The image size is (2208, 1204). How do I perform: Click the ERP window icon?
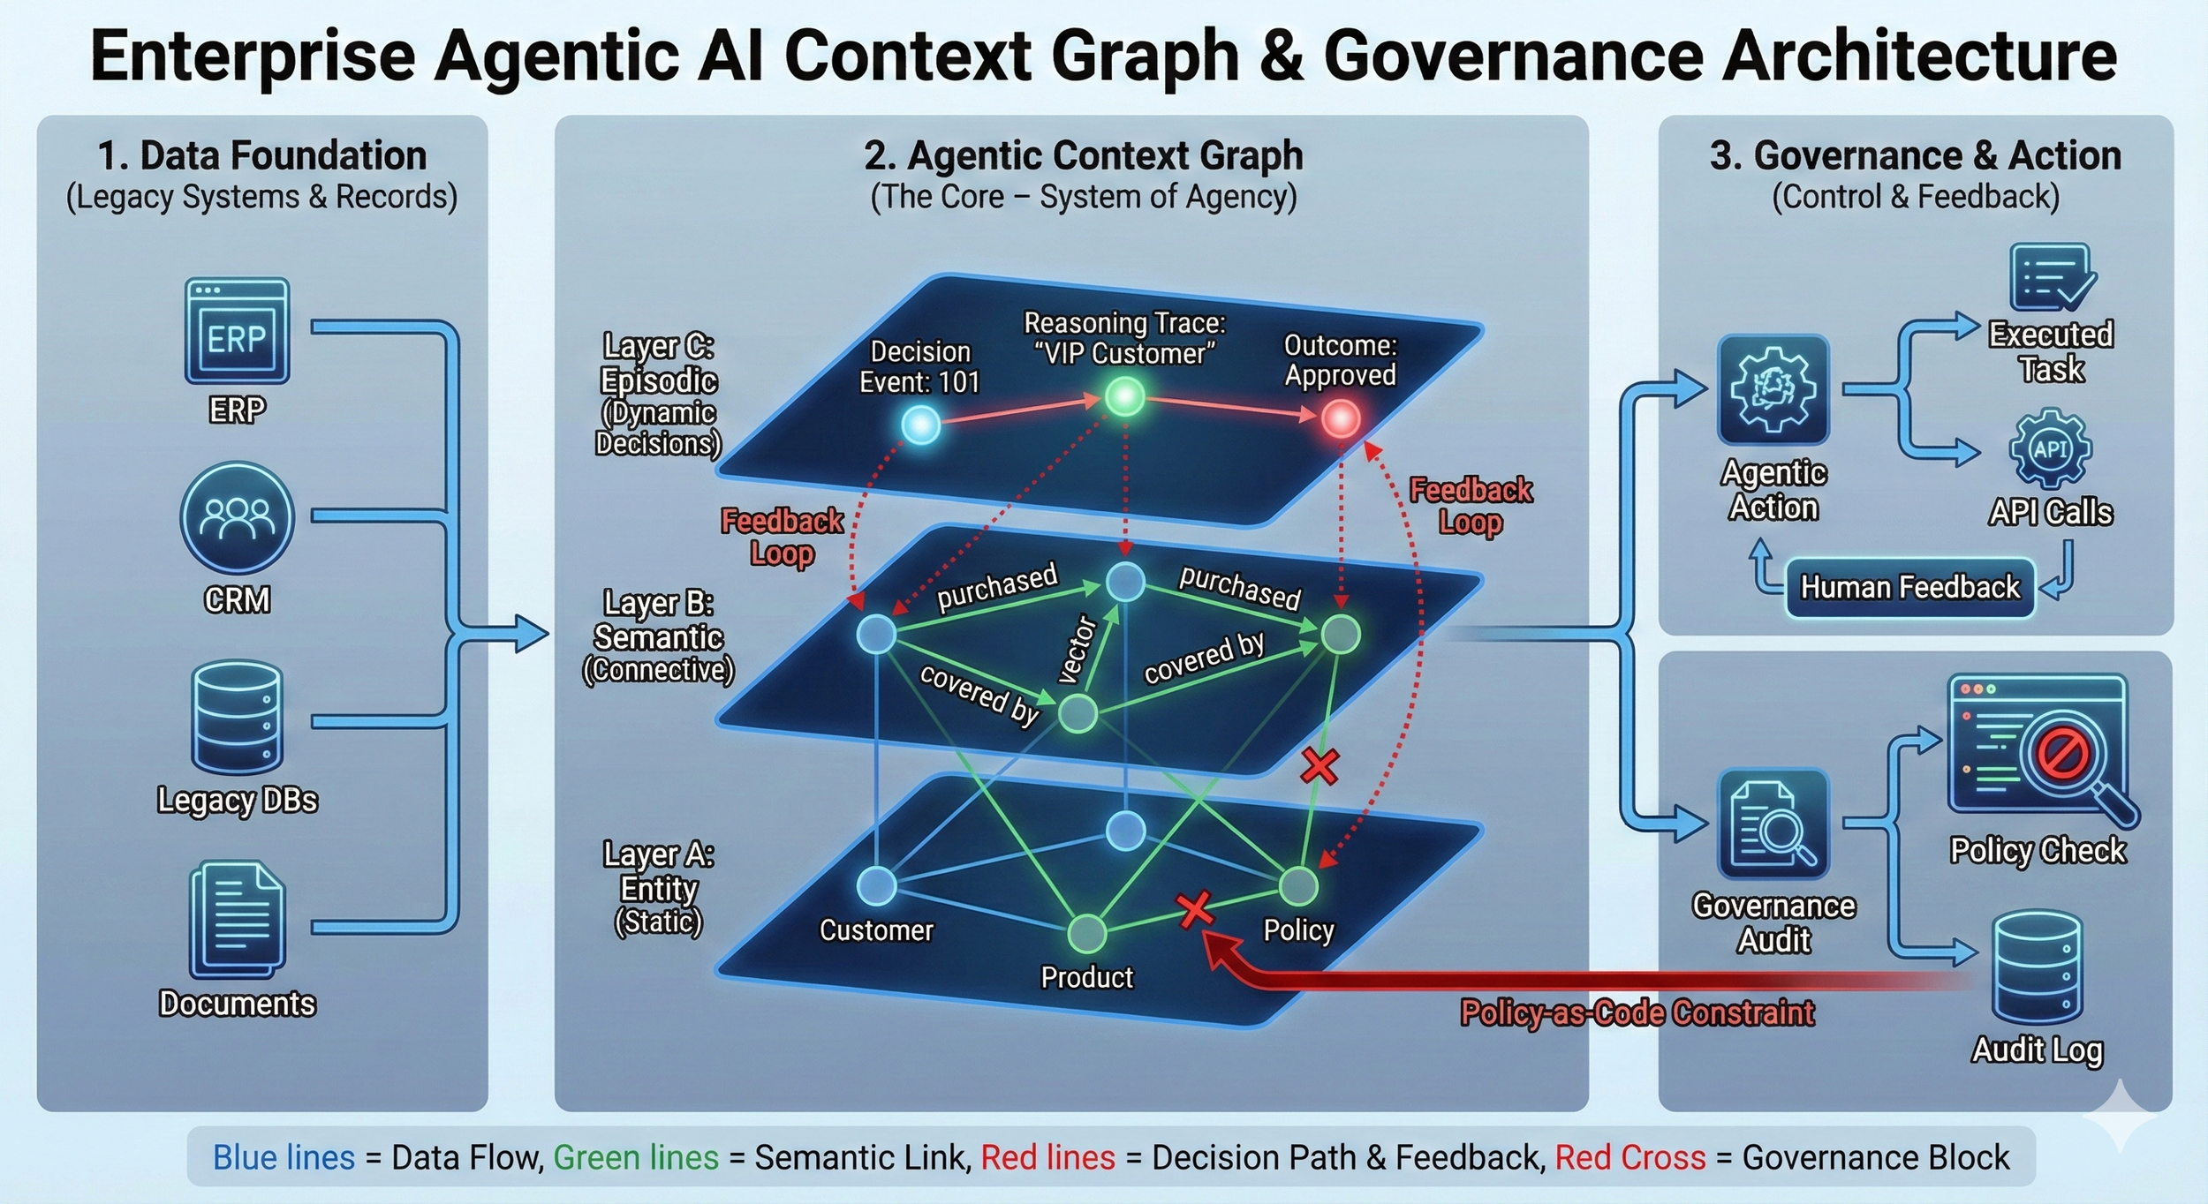pyautogui.click(x=237, y=331)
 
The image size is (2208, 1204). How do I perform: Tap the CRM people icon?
pyautogui.click(x=237, y=517)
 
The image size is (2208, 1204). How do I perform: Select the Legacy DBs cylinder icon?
pyautogui.click(x=237, y=718)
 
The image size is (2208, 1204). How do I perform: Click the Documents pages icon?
pyautogui.click(x=237, y=920)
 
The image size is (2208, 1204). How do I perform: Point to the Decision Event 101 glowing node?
pyautogui.click(x=920, y=425)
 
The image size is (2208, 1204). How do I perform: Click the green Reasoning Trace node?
pyautogui.click(x=1125, y=396)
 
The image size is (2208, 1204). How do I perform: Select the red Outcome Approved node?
pyautogui.click(x=1341, y=418)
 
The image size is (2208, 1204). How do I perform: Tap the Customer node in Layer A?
pyautogui.click(x=877, y=885)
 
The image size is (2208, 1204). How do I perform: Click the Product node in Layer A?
pyautogui.click(x=1086, y=932)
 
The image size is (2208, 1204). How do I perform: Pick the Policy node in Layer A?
pyautogui.click(x=1298, y=885)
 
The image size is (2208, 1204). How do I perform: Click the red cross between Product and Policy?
pyautogui.click(x=1195, y=908)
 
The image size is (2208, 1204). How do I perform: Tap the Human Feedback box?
pyautogui.click(x=1909, y=587)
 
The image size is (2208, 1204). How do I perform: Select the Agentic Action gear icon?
pyautogui.click(x=1773, y=389)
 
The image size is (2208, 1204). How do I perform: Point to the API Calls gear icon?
pyautogui.click(x=2050, y=448)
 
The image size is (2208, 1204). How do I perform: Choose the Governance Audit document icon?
pyautogui.click(x=1773, y=824)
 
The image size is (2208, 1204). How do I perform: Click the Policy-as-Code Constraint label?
pyautogui.click(x=1637, y=1012)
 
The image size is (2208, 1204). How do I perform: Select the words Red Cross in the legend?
pyautogui.click(x=1630, y=1157)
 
